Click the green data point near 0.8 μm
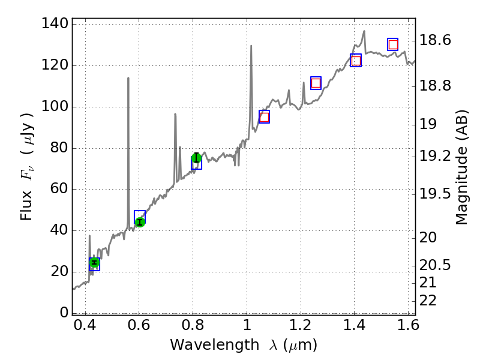click(x=196, y=158)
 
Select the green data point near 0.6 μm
click(x=140, y=222)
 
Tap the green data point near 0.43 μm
click(x=94, y=262)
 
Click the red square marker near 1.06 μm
click(x=264, y=117)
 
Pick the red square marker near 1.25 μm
click(x=316, y=83)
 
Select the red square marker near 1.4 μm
click(x=356, y=61)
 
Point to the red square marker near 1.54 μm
click(x=393, y=44)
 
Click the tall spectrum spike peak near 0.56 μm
click(x=128, y=77)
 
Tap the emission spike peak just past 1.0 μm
click(x=251, y=46)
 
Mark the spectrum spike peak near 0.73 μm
click(x=175, y=114)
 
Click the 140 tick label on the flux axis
click(x=54, y=25)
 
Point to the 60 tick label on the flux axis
click(x=58, y=190)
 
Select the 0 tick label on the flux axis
click(x=62, y=313)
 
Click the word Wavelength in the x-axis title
click(x=205, y=345)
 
